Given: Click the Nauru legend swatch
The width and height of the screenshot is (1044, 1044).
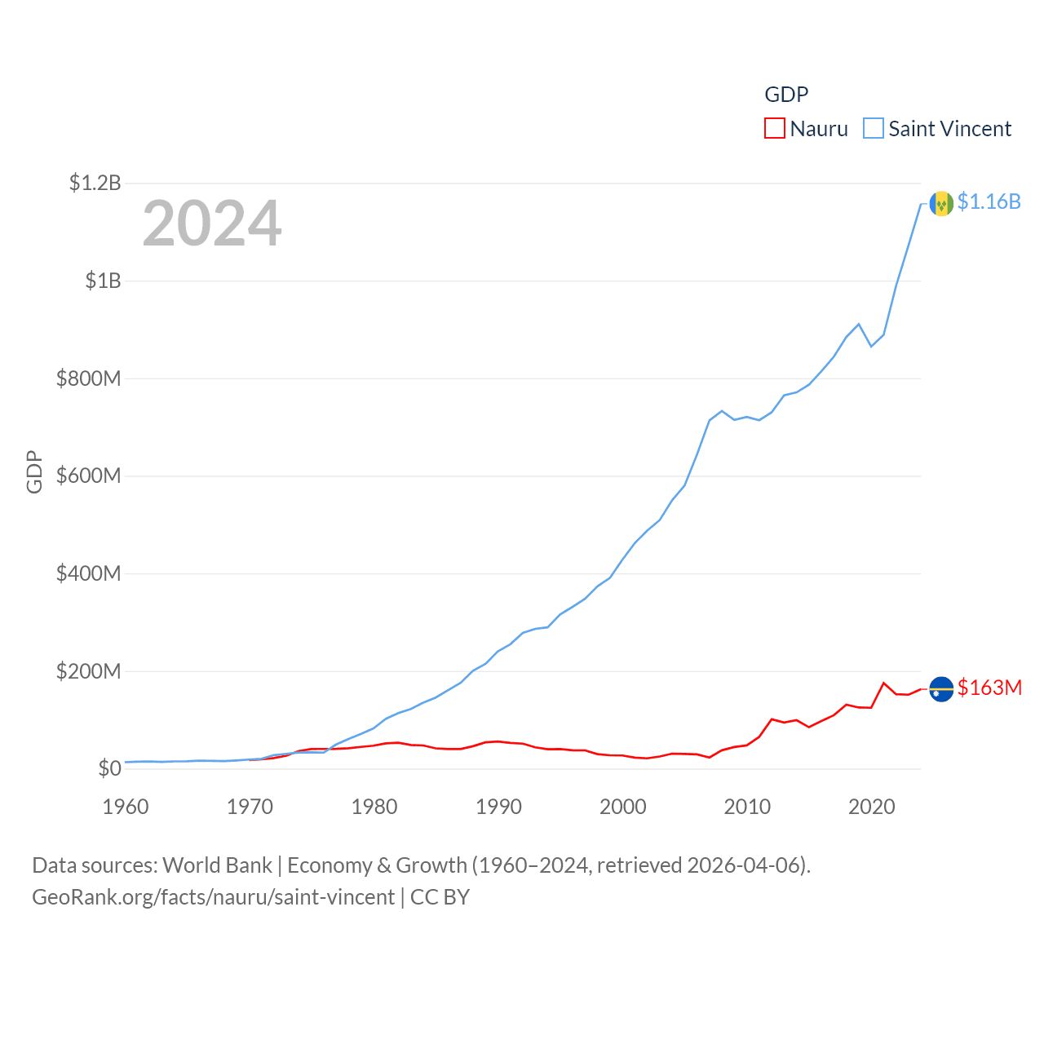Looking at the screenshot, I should click(x=774, y=129).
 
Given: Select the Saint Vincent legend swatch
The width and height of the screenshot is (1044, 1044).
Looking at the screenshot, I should click(x=874, y=129).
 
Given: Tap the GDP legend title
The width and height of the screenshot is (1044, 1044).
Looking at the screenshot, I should click(x=786, y=95).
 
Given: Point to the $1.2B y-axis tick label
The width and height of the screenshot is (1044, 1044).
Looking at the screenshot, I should click(x=95, y=183).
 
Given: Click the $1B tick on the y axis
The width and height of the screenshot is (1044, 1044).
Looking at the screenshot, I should click(x=103, y=281).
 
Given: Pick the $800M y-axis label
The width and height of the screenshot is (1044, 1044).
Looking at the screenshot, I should click(x=88, y=378).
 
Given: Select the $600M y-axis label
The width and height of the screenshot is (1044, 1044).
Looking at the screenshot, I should click(x=88, y=476).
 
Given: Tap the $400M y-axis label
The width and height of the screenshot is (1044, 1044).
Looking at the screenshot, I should click(x=88, y=573).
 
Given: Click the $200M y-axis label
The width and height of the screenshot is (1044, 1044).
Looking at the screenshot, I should click(x=88, y=671).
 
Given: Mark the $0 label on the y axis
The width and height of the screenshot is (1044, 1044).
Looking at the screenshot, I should click(x=109, y=768).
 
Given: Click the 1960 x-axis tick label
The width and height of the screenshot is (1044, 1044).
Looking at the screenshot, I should click(x=126, y=807).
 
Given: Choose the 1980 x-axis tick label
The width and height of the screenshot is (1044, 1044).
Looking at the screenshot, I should click(x=374, y=807).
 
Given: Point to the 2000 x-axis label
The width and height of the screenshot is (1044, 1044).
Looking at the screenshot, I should click(x=623, y=807).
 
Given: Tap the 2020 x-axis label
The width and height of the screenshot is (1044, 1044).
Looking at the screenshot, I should click(x=872, y=807).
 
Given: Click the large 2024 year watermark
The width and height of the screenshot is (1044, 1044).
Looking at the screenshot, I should click(x=212, y=223).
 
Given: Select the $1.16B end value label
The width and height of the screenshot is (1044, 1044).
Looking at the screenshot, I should click(x=989, y=201).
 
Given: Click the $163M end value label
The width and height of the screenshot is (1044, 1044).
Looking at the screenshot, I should click(x=989, y=688).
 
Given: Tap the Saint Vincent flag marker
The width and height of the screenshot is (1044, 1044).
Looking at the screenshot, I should click(x=941, y=203).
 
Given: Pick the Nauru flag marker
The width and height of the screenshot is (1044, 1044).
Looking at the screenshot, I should click(x=941, y=689).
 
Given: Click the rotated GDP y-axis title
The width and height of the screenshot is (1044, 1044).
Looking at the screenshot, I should click(x=34, y=471).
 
